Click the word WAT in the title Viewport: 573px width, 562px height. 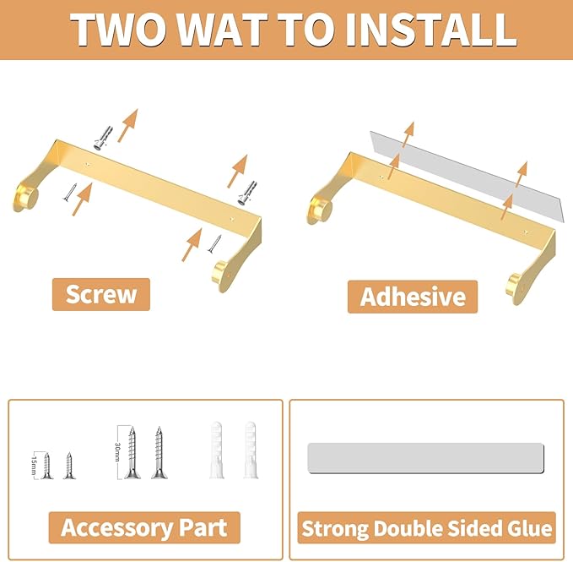(222, 30)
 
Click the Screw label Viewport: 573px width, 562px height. (101, 294)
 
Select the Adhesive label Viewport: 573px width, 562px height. (413, 297)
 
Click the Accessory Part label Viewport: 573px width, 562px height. (144, 527)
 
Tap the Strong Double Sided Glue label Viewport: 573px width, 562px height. (426, 528)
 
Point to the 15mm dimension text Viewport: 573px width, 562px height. (35, 465)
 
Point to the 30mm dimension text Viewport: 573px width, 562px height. (117, 452)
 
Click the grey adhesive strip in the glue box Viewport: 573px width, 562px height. (425, 458)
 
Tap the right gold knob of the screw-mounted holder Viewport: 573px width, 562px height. (222, 270)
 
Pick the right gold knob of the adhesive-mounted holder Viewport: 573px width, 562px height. (516, 284)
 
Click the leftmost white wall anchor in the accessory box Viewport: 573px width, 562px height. (216, 450)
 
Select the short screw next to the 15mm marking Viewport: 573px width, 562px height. (46, 466)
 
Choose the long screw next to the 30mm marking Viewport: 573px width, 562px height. (132, 452)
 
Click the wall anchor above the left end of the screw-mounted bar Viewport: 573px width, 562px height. (104, 138)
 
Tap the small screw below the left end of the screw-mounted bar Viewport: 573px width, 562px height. (69, 192)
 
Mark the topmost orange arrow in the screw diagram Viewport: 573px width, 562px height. (128, 125)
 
